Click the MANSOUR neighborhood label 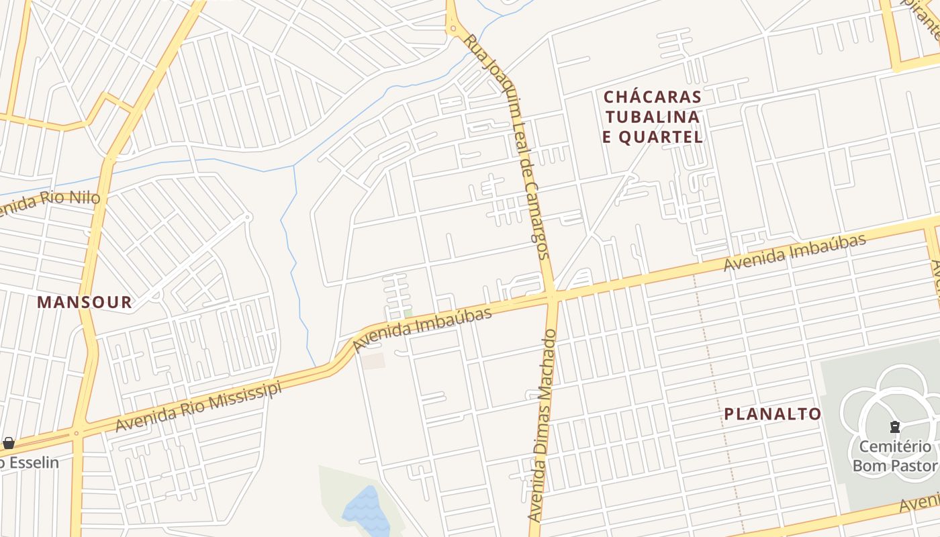pos(85,302)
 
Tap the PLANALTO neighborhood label pos(772,414)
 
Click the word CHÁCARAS pos(653,97)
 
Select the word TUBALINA pos(653,117)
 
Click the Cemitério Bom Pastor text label pos(894,456)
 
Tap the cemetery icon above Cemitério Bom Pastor pos(894,427)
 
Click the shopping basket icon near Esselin pos(9,443)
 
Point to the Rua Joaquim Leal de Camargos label pos(508,144)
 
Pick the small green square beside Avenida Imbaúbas pos(408,313)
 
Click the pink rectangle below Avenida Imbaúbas pos(373,360)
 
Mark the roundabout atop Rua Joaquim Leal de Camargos pos(453,28)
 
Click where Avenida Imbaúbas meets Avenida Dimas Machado pos(553,296)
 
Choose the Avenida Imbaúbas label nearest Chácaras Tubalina pos(794,253)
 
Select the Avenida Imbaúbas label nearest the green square pos(422,329)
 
